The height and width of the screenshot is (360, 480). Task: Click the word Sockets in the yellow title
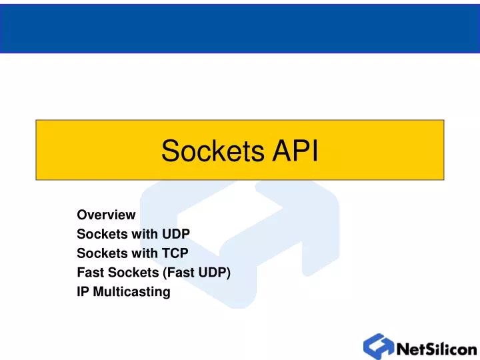click(x=212, y=151)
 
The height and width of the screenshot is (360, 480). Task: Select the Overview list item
click(x=106, y=215)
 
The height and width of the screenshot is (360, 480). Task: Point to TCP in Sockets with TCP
click(x=175, y=253)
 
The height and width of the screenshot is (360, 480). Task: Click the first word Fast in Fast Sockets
click(x=89, y=273)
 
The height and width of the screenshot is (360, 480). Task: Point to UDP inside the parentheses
click(x=213, y=273)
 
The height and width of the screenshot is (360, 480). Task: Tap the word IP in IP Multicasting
click(x=83, y=292)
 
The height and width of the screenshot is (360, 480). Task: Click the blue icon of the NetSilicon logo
click(x=378, y=346)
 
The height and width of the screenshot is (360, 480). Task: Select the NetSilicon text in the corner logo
click(x=436, y=348)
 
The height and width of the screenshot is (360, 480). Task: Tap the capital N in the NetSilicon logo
click(x=404, y=348)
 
